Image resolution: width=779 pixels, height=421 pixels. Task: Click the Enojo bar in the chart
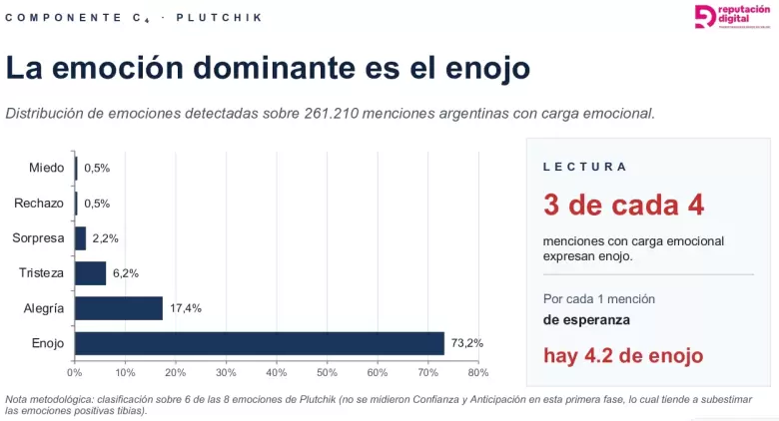(260, 343)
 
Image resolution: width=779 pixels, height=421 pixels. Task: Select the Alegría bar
(119, 308)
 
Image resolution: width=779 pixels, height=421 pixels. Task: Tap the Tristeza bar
(91, 273)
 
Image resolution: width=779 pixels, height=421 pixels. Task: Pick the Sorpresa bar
(81, 238)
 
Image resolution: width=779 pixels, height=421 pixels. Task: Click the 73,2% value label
(467, 343)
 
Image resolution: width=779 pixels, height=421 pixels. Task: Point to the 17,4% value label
(186, 308)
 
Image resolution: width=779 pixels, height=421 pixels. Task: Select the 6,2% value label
(126, 273)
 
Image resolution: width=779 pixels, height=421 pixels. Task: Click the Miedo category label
(46, 168)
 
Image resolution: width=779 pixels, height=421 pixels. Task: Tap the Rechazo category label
(39, 204)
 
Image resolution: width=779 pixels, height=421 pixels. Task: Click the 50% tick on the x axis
(327, 373)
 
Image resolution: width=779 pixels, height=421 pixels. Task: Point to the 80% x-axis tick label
(478, 373)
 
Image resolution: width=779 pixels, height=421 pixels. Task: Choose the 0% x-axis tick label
(75, 373)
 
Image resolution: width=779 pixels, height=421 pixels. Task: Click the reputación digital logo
(732, 16)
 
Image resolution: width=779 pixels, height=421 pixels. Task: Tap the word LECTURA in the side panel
(584, 167)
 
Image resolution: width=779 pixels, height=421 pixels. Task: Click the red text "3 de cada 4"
(623, 205)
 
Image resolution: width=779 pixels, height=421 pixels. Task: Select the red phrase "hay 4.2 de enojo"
(623, 355)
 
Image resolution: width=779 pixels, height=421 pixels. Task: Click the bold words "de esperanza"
(586, 319)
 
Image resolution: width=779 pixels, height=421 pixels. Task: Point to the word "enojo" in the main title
(487, 69)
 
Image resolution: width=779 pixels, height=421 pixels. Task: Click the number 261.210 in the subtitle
(332, 114)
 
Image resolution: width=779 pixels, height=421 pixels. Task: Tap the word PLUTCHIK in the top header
(219, 18)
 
